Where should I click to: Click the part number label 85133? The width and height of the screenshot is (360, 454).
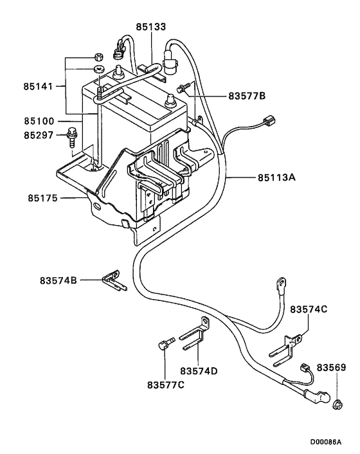click(151, 27)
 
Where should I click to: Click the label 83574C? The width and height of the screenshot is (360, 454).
click(309, 309)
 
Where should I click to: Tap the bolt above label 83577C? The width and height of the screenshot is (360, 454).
click(164, 345)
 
